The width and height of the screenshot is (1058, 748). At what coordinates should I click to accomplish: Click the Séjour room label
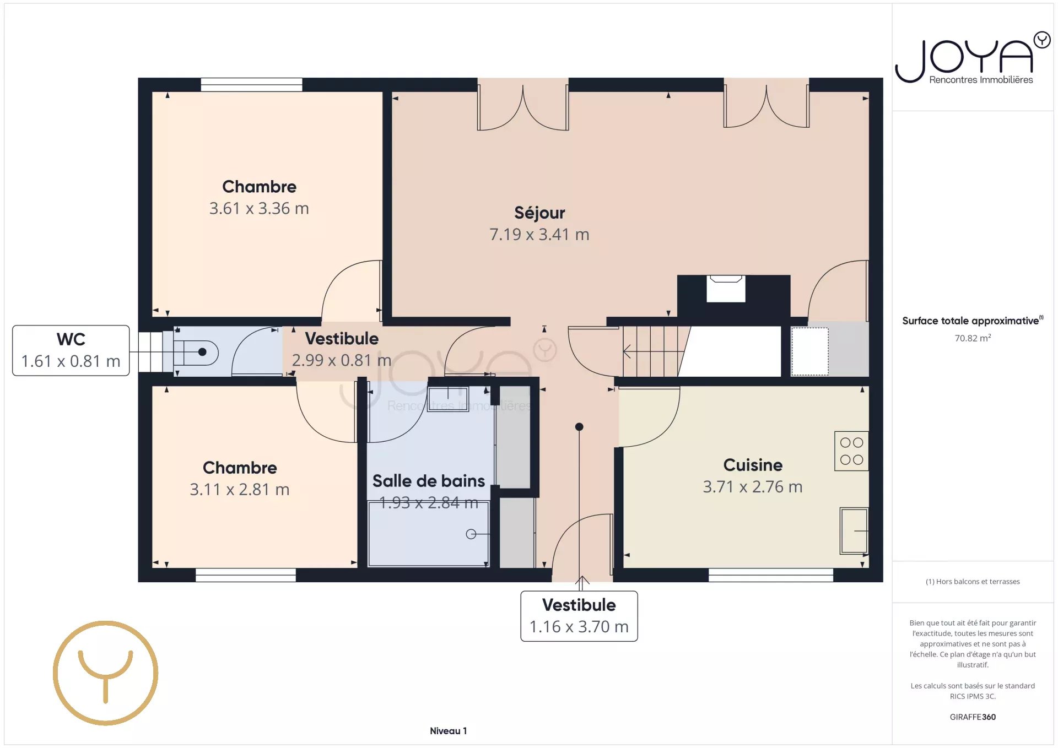(x=539, y=213)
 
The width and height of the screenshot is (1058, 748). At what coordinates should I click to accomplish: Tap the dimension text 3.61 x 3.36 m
(x=259, y=208)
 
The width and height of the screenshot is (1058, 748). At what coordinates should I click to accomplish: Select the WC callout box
(x=71, y=350)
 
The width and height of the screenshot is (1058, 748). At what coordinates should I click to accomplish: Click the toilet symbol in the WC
(x=196, y=352)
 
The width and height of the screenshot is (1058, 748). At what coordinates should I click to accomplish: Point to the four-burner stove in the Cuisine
(x=851, y=451)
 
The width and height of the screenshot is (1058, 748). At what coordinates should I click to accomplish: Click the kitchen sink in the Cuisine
(x=854, y=530)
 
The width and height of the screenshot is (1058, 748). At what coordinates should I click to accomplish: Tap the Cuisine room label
(x=753, y=465)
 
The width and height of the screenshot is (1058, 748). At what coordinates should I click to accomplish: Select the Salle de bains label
(x=429, y=481)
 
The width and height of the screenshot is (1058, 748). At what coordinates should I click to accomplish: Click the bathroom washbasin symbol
(x=448, y=398)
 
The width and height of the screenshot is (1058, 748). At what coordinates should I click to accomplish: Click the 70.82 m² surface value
(x=973, y=338)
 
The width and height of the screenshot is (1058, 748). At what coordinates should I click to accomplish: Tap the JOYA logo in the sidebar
(x=973, y=58)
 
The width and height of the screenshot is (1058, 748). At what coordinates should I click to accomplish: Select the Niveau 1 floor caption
(x=448, y=731)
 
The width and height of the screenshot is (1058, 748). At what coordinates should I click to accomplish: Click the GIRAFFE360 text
(x=973, y=717)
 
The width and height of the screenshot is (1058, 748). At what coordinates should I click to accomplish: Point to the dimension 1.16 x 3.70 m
(x=579, y=627)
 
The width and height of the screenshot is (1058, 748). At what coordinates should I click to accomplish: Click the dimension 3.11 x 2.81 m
(x=240, y=489)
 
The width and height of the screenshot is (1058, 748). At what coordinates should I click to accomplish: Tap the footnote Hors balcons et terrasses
(x=973, y=582)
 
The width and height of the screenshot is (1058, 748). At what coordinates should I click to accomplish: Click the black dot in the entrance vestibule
(x=579, y=427)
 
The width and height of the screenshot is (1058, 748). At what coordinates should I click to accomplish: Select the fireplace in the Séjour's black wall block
(x=726, y=289)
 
